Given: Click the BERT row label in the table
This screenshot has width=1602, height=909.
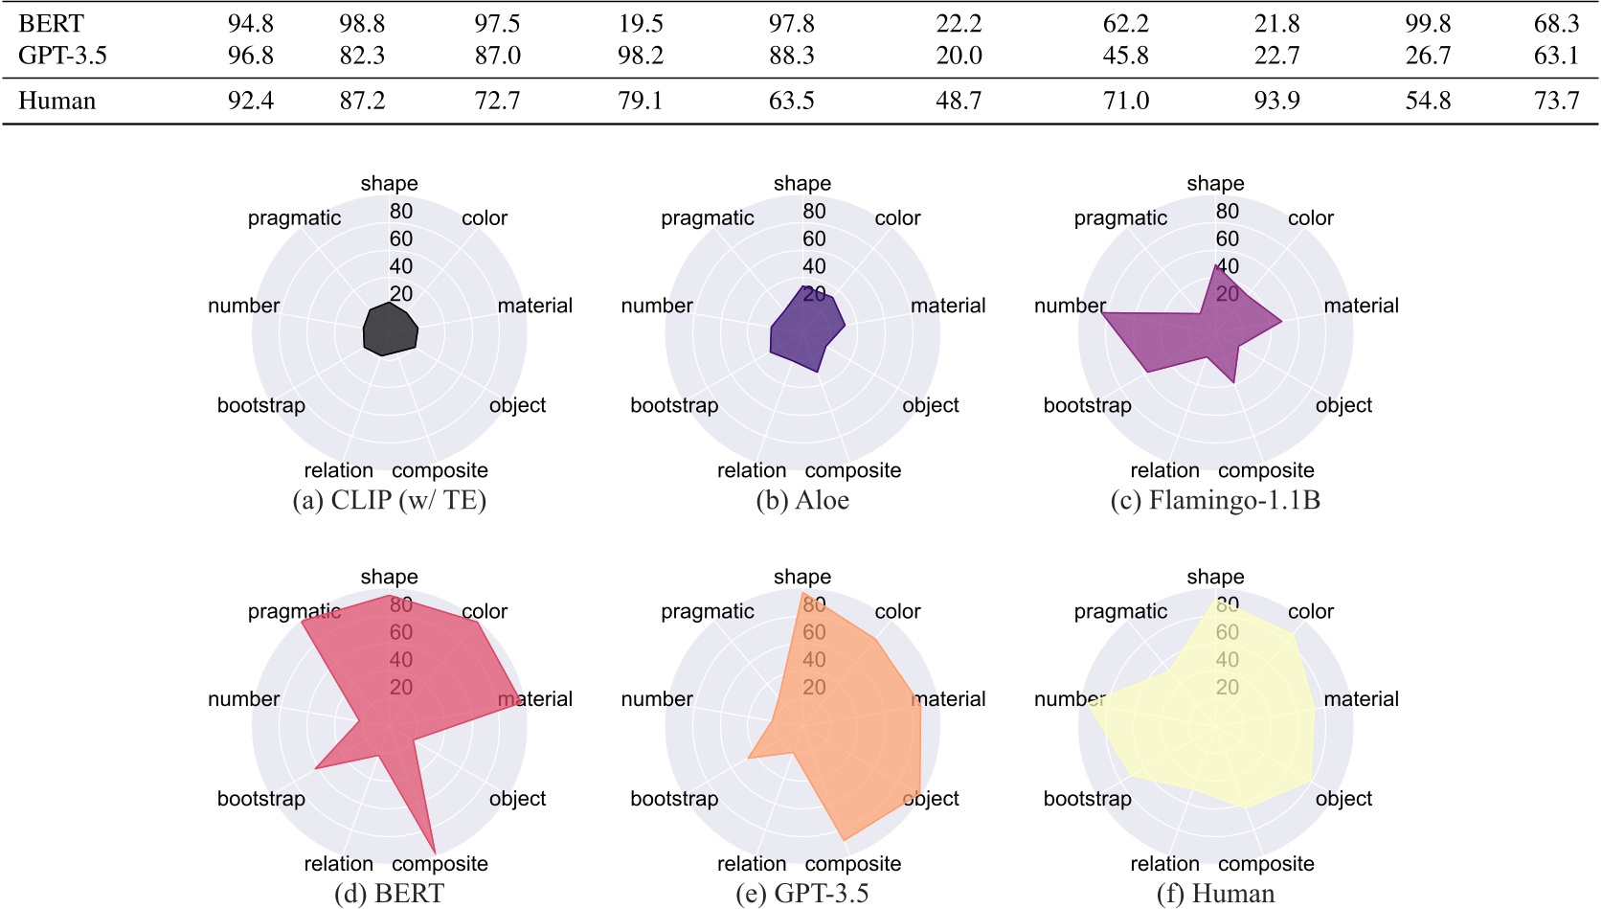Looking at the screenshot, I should (x=51, y=23).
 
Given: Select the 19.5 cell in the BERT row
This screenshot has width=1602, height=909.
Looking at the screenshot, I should (x=640, y=23).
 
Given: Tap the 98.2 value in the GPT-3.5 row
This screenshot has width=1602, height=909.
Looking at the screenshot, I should (x=640, y=56).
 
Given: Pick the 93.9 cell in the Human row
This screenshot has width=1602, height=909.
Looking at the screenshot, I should (x=1276, y=101).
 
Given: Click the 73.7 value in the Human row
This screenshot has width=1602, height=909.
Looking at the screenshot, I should (x=1556, y=101).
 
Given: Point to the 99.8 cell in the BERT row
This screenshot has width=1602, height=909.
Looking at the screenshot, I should (x=1428, y=23).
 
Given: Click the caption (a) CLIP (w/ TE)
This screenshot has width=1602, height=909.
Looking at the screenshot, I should (x=389, y=500).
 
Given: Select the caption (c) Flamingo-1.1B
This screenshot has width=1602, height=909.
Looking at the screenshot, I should (x=1214, y=500).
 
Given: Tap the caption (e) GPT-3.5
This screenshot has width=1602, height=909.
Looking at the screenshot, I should (x=801, y=894).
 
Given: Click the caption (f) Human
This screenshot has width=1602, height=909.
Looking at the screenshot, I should (x=1215, y=894).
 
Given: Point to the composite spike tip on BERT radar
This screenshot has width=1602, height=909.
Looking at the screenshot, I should (x=435, y=852).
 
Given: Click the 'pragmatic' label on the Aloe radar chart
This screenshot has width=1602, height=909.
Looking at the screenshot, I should (x=707, y=218).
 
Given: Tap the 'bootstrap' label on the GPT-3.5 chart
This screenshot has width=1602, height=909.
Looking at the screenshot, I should (x=674, y=799).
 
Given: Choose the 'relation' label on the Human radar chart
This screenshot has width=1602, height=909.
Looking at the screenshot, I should (x=1164, y=864).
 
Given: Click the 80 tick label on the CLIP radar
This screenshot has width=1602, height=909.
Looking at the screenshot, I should (x=401, y=211).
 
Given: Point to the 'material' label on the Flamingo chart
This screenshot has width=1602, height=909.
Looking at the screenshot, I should (x=1361, y=306).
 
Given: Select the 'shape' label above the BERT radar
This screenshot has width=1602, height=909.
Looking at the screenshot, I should (x=389, y=577).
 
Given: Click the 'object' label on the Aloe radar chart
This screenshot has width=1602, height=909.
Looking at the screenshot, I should (x=930, y=405).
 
